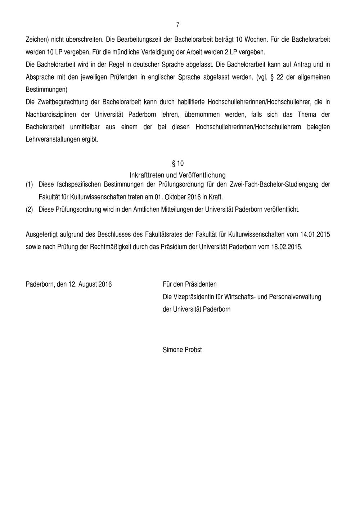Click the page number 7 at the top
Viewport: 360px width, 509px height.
click(x=177, y=25)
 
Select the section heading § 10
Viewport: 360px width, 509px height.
click(x=178, y=163)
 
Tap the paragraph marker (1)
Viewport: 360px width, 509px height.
click(x=29, y=185)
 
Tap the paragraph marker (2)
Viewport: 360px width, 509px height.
click(x=29, y=210)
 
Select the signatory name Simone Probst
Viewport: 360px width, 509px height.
click(x=182, y=350)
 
